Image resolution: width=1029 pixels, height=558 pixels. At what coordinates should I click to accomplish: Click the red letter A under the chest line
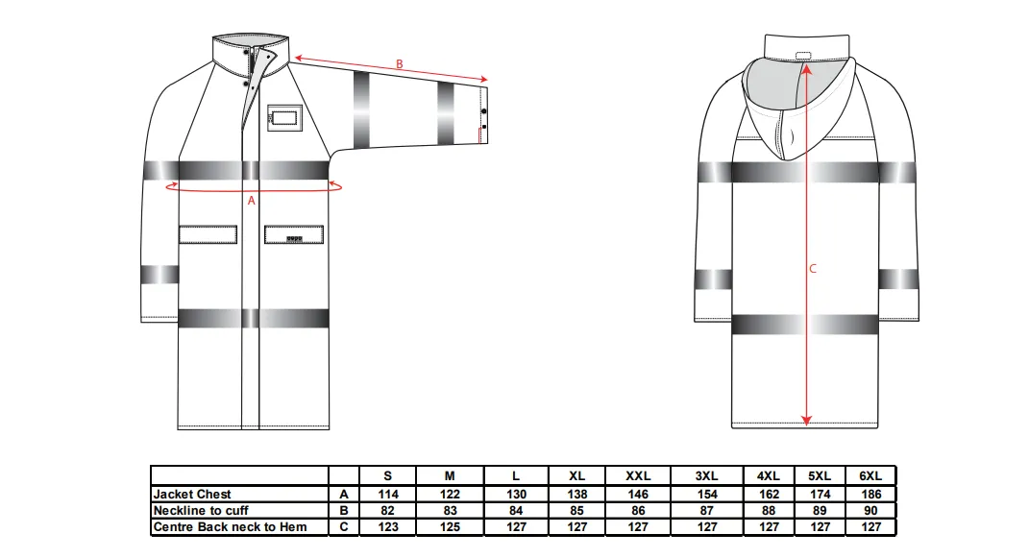pyautogui.click(x=252, y=201)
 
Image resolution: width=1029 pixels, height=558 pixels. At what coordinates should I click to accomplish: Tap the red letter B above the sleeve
pyautogui.click(x=399, y=64)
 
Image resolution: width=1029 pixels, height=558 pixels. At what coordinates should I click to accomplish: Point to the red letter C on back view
pyautogui.click(x=813, y=268)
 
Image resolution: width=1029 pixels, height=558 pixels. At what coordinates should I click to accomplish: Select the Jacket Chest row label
pyautogui.click(x=192, y=495)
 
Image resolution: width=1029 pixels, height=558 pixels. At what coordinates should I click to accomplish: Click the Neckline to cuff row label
pyautogui.click(x=201, y=511)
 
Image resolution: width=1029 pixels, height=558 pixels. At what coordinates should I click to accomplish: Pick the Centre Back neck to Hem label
pyautogui.click(x=230, y=526)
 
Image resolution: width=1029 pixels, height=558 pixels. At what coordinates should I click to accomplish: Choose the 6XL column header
pyautogui.click(x=870, y=476)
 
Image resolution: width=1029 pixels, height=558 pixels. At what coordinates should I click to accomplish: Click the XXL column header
pyautogui.click(x=638, y=476)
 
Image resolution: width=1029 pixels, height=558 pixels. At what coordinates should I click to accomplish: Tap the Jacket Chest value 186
pyautogui.click(x=870, y=495)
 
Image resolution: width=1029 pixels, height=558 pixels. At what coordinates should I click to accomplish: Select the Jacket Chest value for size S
pyautogui.click(x=388, y=495)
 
